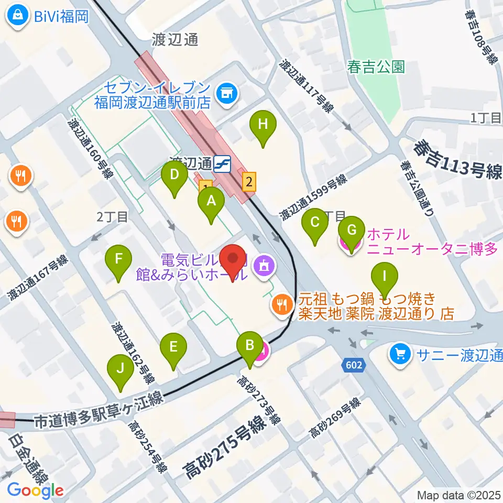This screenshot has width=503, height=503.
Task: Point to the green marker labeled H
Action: pyautogui.click(x=263, y=126)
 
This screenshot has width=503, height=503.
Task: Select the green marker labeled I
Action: pyautogui.click(x=385, y=277)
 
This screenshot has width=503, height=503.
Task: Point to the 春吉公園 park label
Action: pyautogui.click(x=376, y=67)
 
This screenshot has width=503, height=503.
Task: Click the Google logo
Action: pyautogui.click(x=36, y=490)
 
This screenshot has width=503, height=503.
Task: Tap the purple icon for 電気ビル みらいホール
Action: pyautogui.click(x=263, y=266)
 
